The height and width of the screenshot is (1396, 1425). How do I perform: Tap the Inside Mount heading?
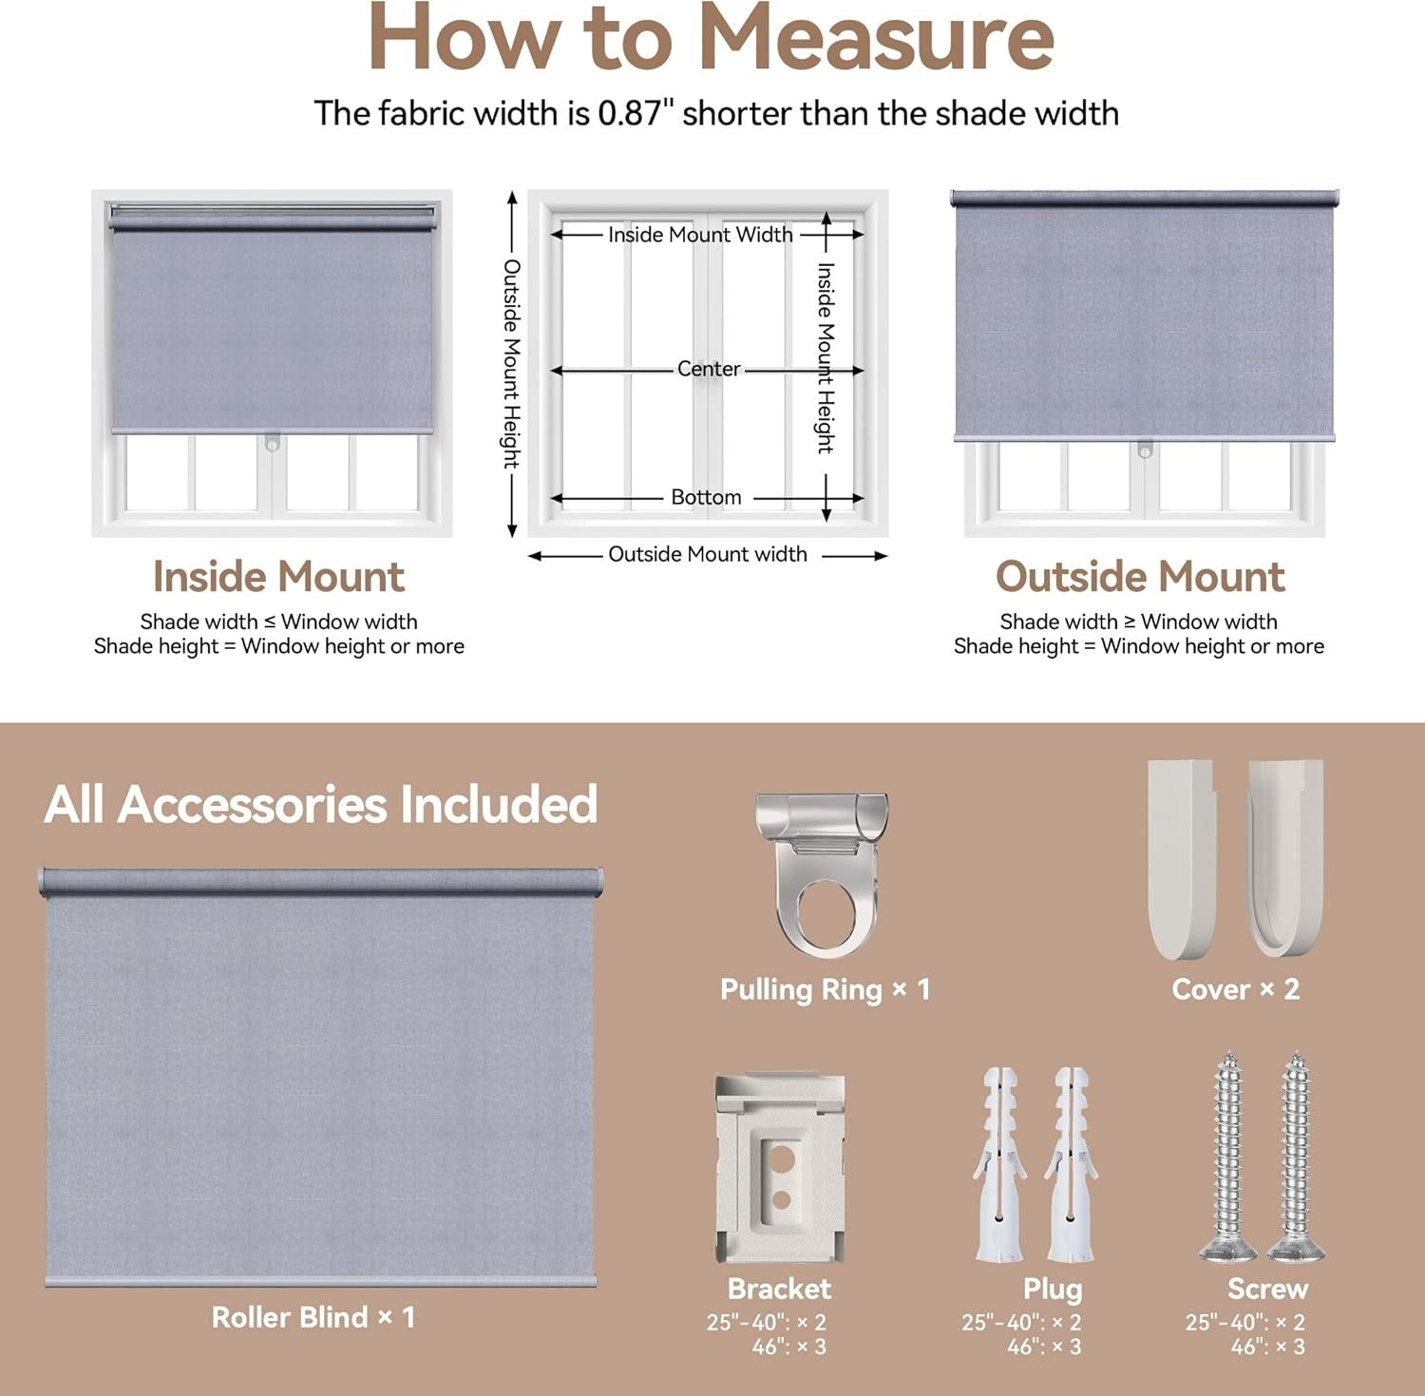click(x=278, y=577)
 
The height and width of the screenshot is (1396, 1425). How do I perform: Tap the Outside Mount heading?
click(x=1140, y=577)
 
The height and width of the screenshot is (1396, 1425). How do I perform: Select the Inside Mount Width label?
click(x=700, y=235)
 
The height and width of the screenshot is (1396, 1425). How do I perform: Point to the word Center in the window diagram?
click(x=709, y=369)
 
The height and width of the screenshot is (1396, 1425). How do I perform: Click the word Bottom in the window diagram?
click(x=706, y=497)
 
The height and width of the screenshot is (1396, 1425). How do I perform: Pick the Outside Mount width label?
click(x=708, y=554)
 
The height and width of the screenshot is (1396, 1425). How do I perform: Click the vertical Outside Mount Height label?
click(x=512, y=364)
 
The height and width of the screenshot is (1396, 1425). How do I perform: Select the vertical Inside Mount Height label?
click(x=826, y=358)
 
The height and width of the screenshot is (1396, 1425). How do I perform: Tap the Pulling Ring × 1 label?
click(x=825, y=990)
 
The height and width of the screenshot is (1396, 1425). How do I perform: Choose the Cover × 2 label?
click(x=1235, y=989)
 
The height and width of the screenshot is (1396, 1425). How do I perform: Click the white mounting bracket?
click(x=780, y=1168)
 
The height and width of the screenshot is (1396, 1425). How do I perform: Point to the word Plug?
click(x=1053, y=1290)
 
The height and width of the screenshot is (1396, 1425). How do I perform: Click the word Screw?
click(x=1267, y=1289)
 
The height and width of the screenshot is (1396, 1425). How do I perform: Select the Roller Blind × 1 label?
click(x=313, y=1317)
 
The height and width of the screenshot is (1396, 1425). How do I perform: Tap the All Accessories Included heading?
click(x=321, y=804)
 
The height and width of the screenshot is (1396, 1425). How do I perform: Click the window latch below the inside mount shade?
click(x=273, y=443)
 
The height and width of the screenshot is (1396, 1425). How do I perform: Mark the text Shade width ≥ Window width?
click(x=1138, y=622)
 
